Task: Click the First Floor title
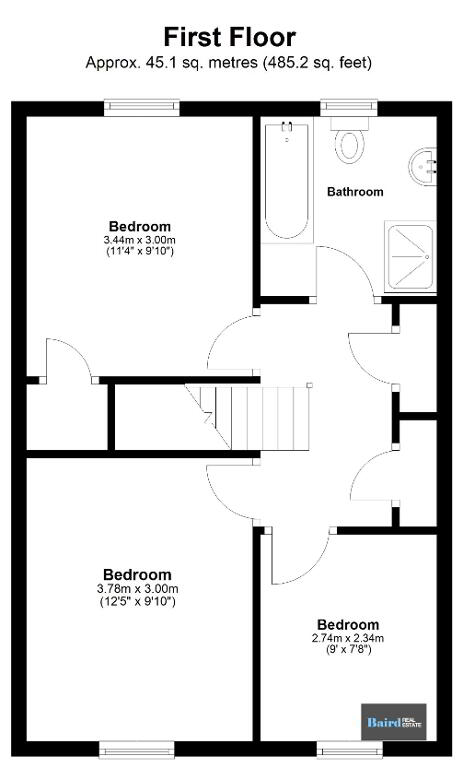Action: [229, 37]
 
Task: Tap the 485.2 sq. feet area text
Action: [317, 63]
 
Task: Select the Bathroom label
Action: [355, 192]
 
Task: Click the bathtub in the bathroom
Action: [287, 180]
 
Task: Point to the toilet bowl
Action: [350, 145]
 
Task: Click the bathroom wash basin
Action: [422, 166]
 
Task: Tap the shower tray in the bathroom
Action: [410, 256]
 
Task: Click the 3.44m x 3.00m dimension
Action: [140, 240]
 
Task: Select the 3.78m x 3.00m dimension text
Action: [138, 588]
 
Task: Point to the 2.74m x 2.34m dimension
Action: [348, 638]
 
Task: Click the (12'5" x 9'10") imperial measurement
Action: [138, 601]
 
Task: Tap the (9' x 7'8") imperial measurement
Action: [348, 650]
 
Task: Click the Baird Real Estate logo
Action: [394, 722]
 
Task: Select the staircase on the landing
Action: [247, 417]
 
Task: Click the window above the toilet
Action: [349, 108]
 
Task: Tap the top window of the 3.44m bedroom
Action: [142, 108]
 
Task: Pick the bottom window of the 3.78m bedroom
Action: [137, 749]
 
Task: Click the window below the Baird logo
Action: [350, 749]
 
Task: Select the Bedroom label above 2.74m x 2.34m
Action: [348, 624]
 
